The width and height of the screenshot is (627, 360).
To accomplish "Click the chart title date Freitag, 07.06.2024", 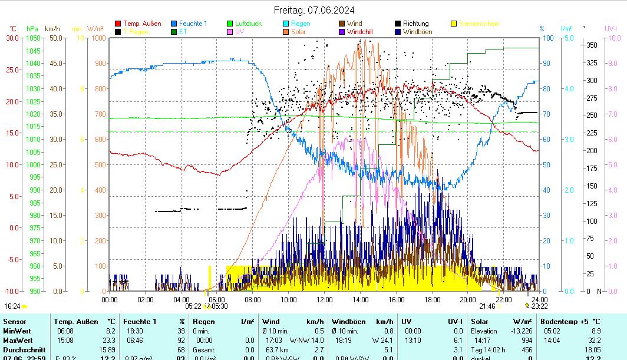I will coord(313,10).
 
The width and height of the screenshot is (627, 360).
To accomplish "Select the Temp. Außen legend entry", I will coord(142,24).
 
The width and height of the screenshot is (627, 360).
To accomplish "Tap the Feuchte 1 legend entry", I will coord(193,24).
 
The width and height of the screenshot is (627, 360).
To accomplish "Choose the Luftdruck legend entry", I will coord(248,24).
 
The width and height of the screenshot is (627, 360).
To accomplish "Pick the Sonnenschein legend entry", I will coord(479,24).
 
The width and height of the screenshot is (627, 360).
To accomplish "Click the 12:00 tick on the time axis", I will coord(324,299).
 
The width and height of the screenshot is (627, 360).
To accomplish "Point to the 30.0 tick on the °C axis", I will coord(12,38).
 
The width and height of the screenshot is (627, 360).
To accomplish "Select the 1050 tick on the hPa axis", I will coord(33,38).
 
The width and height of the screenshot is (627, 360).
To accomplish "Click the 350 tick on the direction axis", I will coord(592,45).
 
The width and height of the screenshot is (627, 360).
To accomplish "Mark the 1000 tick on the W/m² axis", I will coord(98,38).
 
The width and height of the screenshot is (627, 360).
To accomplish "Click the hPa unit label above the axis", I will coord(32,28).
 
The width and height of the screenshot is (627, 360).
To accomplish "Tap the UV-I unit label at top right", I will coord(610,28).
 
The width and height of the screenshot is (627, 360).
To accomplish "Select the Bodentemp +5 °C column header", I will coord(570,322).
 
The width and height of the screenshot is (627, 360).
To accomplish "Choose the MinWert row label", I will coord(16,331).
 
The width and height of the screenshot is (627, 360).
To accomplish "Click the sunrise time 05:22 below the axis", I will coord(193,306).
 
